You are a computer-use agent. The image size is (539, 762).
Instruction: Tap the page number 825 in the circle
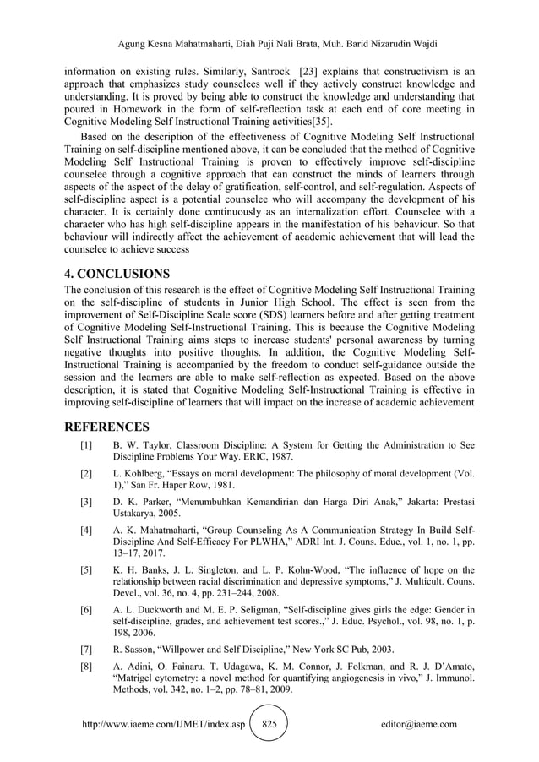coord(270,724)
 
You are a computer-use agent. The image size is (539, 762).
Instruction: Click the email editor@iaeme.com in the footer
coord(419,724)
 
